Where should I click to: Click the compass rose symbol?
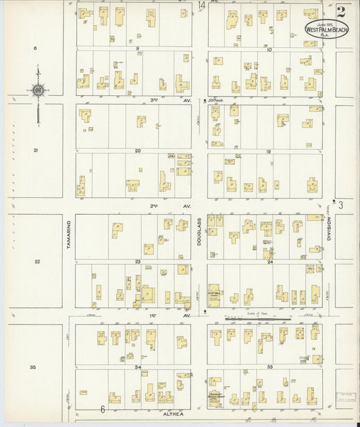click(x=38, y=90)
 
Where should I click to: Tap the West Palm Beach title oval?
click(x=327, y=28)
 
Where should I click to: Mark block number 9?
click(x=137, y=49)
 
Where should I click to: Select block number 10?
click(x=269, y=49)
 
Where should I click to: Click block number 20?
click(x=137, y=151)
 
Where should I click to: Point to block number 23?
click(x=137, y=261)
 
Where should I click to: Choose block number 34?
click(x=137, y=367)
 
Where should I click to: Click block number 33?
click(x=269, y=367)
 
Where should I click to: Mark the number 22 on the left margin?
click(x=37, y=261)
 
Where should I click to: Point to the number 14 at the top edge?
click(x=202, y=6)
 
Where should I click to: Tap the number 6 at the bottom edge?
click(x=103, y=409)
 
